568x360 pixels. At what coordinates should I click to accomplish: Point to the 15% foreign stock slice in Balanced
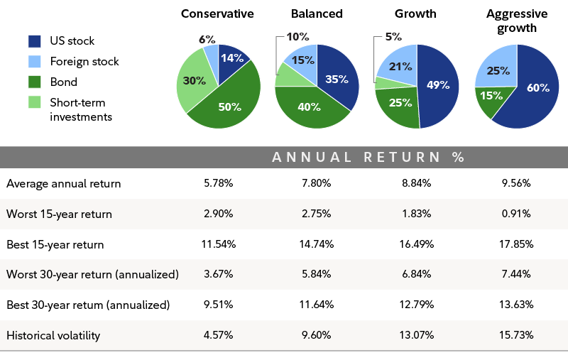click(303, 60)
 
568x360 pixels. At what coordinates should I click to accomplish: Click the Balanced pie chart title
click(317, 13)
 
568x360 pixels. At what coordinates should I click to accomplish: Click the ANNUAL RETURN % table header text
click(368, 157)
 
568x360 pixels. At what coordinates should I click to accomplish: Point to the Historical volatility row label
click(53, 335)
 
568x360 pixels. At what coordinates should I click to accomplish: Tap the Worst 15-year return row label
click(59, 214)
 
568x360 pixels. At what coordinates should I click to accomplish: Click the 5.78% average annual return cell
click(217, 183)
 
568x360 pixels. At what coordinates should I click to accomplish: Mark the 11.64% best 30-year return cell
click(317, 305)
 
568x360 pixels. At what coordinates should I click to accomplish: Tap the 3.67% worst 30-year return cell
click(217, 275)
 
